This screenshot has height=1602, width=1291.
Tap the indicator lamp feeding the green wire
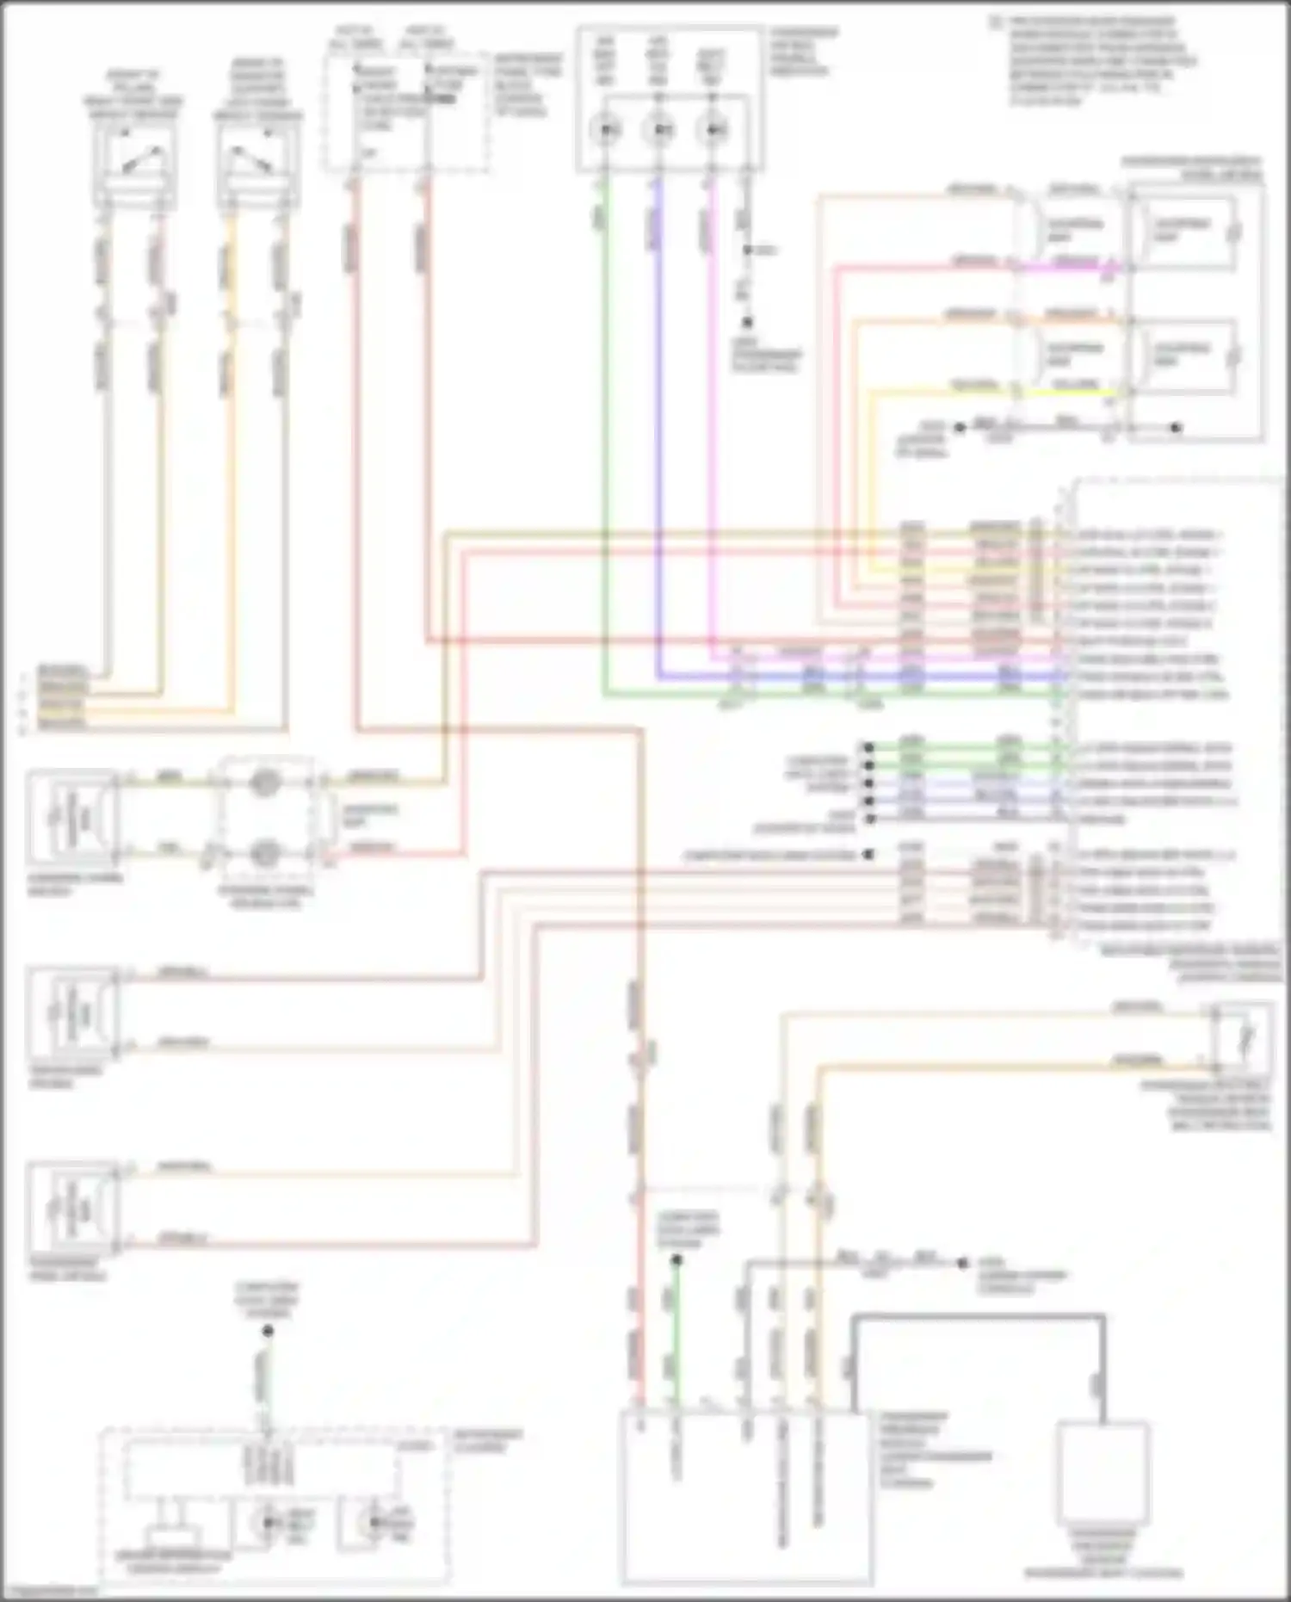pyautogui.click(x=607, y=131)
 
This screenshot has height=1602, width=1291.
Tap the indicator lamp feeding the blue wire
pyautogui.click(x=659, y=131)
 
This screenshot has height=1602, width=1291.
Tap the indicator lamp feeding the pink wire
pyautogui.click(x=713, y=131)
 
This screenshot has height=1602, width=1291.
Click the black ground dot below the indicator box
pyautogui.click(x=747, y=322)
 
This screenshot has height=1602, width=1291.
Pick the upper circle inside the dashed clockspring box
pyautogui.click(x=264, y=782)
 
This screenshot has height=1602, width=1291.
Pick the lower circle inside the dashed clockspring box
pyautogui.click(x=264, y=853)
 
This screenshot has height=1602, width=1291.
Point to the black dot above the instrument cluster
pyautogui.click(x=268, y=1331)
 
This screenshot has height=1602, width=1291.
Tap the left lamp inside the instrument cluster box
pyautogui.click(x=270, y=1524)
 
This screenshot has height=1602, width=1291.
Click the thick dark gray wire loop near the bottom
pyautogui.click(x=978, y=1317)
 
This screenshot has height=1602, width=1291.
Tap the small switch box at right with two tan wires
pyautogui.click(x=1241, y=1037)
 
